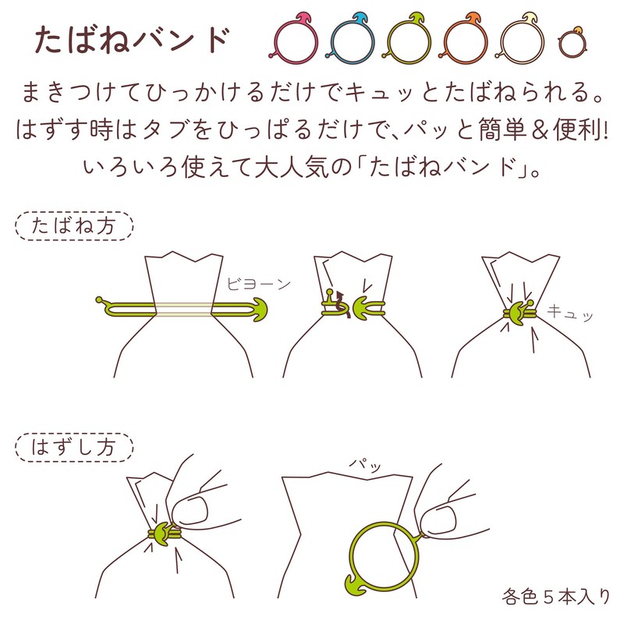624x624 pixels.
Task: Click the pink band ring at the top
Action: click(x=275, y=42)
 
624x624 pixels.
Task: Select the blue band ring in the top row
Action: click(x=332, y=42)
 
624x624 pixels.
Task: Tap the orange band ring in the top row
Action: click(x=445, y=42)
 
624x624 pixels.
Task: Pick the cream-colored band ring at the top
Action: click(x=502, y=42)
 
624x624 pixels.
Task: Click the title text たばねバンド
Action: click(x=132, y=41)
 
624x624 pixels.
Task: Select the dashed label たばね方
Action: click(x=74, y=226)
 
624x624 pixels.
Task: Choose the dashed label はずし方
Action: click(x=74, y=447)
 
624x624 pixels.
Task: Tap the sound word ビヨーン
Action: click(x=259, y=284)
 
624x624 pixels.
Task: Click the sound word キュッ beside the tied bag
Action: click(x=570, y=313)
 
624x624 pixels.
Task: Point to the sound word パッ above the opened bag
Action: click(x=365, y=464)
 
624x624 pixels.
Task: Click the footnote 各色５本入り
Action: click(x=555, y=597)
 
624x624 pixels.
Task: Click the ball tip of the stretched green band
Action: click(x=99, y=300)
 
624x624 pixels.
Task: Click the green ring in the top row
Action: click(x=388, y=42)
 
